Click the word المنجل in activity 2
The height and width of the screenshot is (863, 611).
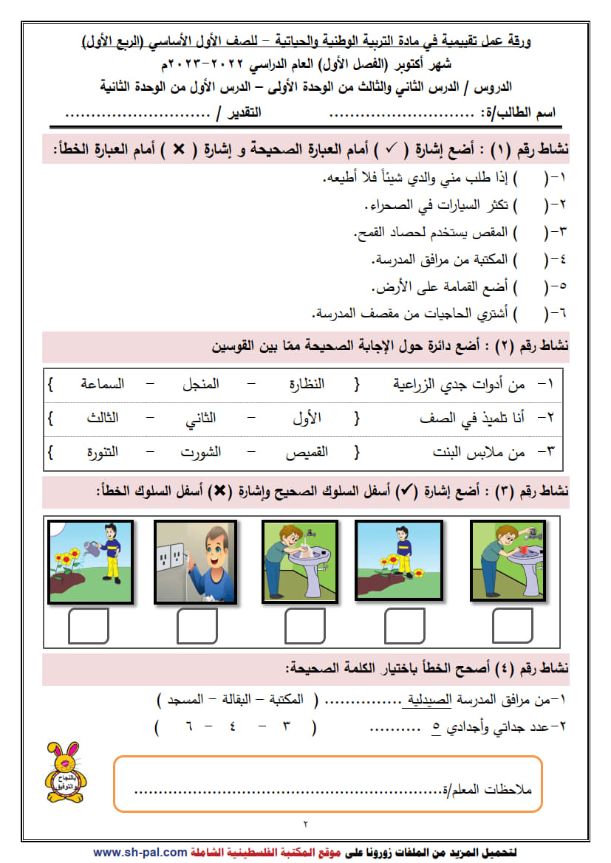(201, 384)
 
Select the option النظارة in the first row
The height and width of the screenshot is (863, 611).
(306, 384)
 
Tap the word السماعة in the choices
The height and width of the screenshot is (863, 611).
(103, 384)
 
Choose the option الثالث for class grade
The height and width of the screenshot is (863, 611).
(102, 417)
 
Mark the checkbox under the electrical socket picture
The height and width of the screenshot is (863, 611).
(197, 627)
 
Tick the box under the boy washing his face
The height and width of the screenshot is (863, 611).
(304, 627)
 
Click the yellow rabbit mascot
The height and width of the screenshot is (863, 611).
(65, 772)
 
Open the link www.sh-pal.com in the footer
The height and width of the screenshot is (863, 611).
(140, 852)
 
